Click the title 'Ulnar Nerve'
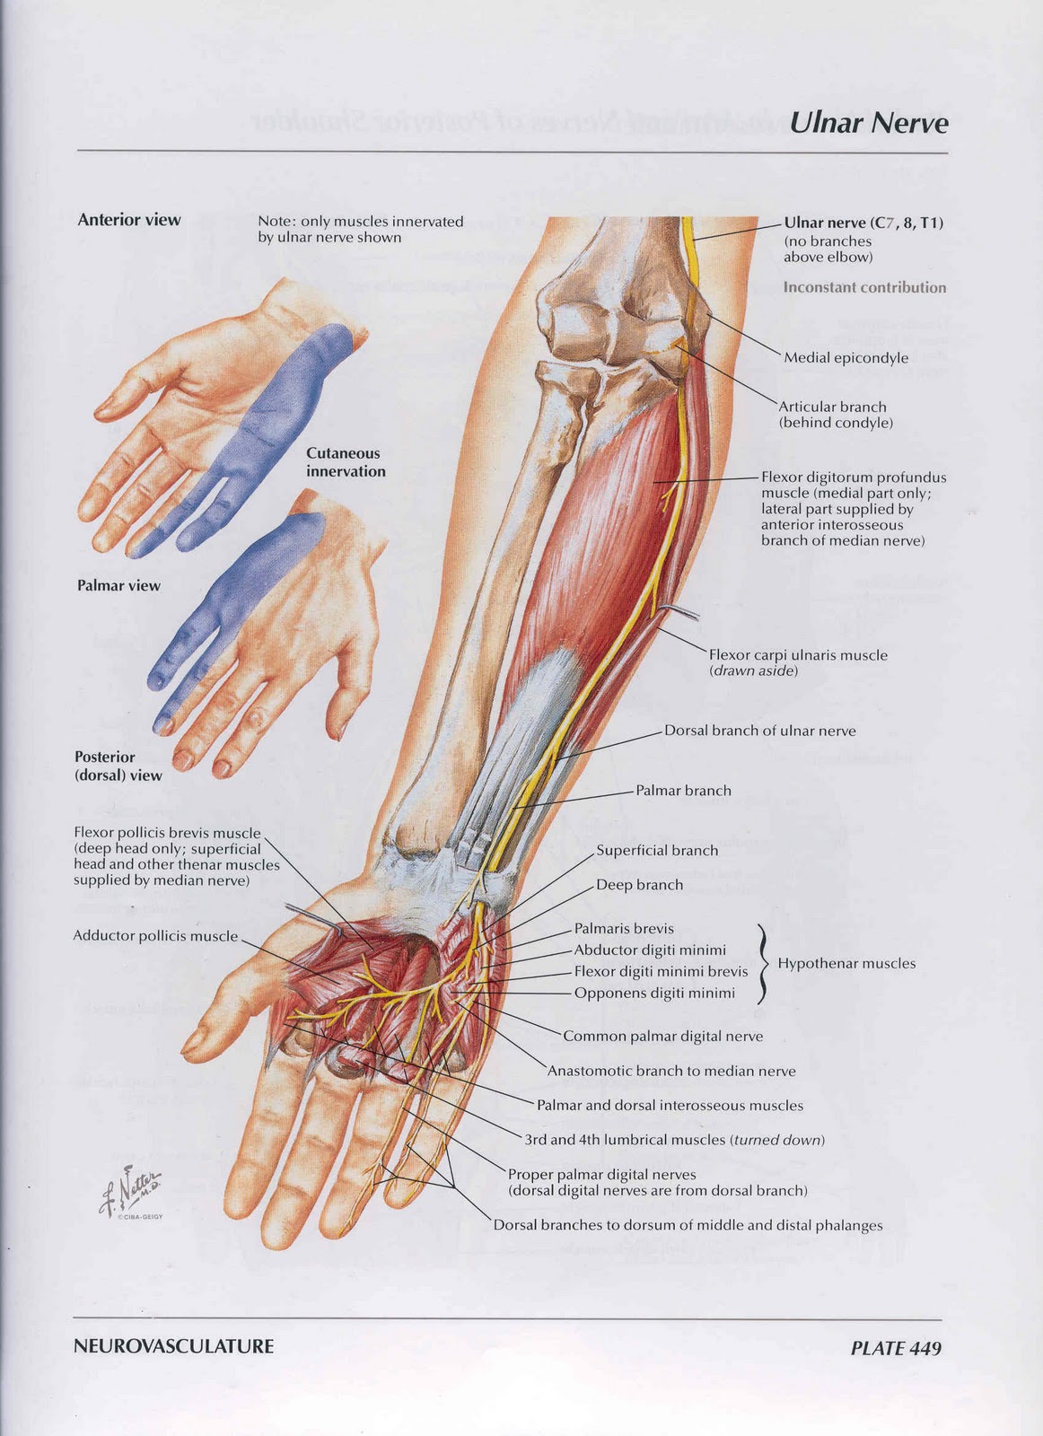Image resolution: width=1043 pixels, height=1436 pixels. point(868,123)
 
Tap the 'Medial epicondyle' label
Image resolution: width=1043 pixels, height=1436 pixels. point(846,358)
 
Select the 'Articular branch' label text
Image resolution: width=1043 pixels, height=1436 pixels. point(832,407)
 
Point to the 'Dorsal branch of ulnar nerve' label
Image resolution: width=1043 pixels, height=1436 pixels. point(759,731)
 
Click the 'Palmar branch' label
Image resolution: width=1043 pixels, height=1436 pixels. point(683,791)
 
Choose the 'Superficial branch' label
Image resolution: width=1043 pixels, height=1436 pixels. point(657,851)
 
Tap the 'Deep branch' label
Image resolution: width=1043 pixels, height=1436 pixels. point(639,885)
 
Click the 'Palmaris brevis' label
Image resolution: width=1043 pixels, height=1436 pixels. point(624,929)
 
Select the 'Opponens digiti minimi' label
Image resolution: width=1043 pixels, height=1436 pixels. point(654,994)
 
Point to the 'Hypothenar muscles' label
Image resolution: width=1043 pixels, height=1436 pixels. point(846,964)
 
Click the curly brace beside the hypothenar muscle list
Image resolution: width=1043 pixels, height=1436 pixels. point(763,963)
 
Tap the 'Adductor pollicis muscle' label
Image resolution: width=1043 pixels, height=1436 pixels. point(155,936)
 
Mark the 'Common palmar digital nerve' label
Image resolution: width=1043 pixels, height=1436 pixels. point(662,1037)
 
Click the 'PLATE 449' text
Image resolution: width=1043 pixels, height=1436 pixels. point(896,1347)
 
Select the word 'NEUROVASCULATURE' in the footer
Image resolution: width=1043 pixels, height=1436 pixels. point(174,1346)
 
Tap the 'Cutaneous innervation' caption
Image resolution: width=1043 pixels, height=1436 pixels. point(346,462)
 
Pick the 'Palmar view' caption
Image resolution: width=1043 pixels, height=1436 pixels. point(118,586)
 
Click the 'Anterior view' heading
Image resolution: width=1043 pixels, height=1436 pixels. point(129,220)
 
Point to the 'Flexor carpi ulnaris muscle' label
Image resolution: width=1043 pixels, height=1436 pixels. point(798,655)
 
